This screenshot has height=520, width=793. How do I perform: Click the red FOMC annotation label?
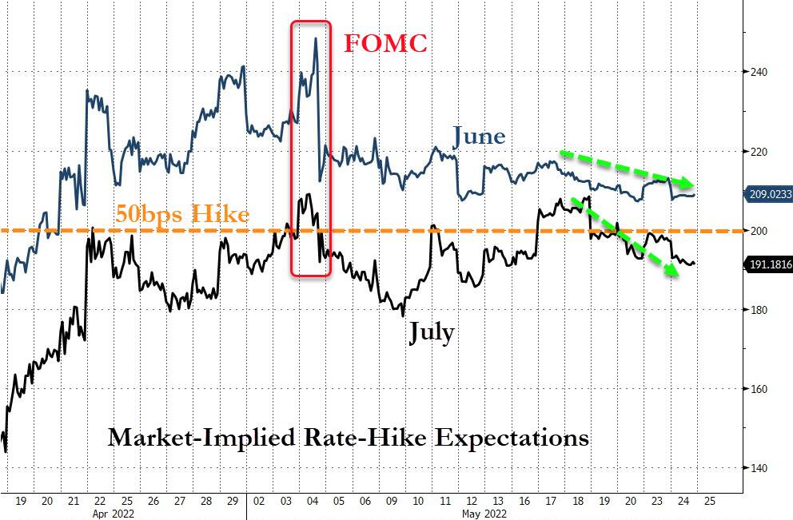(385, 42)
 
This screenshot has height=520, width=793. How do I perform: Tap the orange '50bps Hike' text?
(182, 214)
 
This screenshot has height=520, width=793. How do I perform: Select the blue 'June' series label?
(479, 137)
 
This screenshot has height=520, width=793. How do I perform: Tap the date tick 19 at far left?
(22, 502)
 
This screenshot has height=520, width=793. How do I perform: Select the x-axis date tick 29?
(233, 502)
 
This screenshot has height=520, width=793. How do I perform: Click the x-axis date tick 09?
(392, 502)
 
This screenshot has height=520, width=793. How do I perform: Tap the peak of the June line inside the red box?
(317, 38)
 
